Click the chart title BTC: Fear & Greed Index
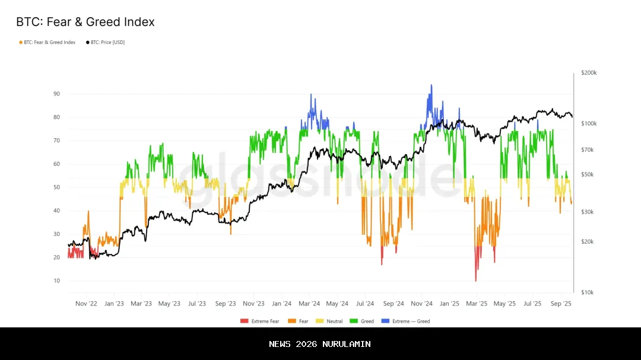(85, 22)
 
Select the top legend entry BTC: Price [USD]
(107, 42)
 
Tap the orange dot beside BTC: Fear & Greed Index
(21, 42)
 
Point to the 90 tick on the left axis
(56, 94)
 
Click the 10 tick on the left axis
(56, 281)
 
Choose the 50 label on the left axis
(56, 187)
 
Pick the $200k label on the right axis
(589, 73)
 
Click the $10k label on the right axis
(588, 292)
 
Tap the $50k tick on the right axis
(588, 174)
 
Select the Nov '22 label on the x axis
(87, 304)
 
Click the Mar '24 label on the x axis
(309, 304)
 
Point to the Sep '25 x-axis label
(560, 304)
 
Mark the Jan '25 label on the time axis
(449, 304)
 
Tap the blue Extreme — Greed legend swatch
(385, 321)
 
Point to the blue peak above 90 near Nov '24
(431, 87)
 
